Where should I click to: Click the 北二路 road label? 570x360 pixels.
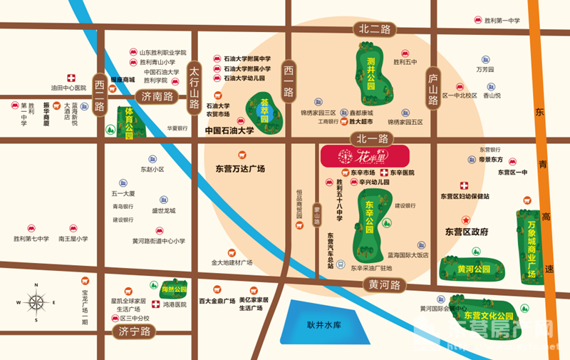375,29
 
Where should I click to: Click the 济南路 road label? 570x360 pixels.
157,96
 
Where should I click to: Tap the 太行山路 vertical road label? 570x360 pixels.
194,88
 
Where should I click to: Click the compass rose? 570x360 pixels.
35,300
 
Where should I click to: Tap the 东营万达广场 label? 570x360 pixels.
239,169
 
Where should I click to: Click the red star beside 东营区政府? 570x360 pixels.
466,220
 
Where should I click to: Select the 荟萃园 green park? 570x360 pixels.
264,112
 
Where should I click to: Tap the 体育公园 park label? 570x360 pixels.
130,123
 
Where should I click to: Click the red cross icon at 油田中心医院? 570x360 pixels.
71,77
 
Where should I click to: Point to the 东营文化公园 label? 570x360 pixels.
489,314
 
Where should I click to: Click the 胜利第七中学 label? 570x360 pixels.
31,239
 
